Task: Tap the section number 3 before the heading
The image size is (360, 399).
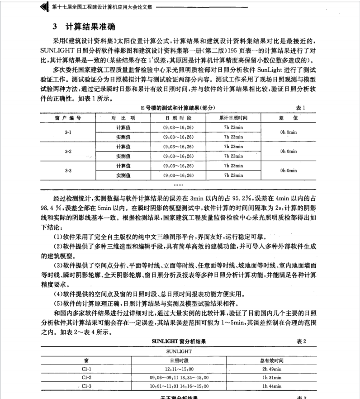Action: tap(55, 26)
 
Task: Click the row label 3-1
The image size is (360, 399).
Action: tap(68, 132)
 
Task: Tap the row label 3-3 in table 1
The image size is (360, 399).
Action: tap(68, 171)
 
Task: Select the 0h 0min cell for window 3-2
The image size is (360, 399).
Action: tap(288, 151)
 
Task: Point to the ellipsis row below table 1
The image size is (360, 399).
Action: tap(178, 185)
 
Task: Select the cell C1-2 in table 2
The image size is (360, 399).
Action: tap(86, 377)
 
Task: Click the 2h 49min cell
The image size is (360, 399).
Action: tap(271, 369)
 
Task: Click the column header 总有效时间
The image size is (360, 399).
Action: tap(271, 361)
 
